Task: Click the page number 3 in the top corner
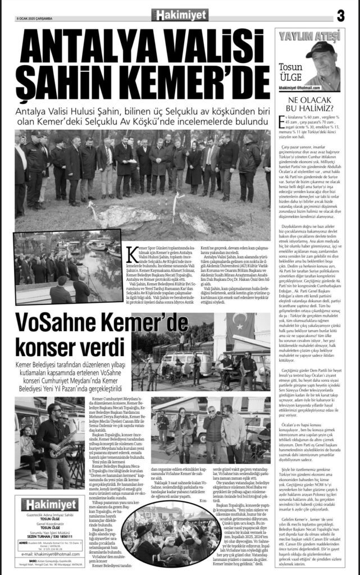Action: [340, 16]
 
